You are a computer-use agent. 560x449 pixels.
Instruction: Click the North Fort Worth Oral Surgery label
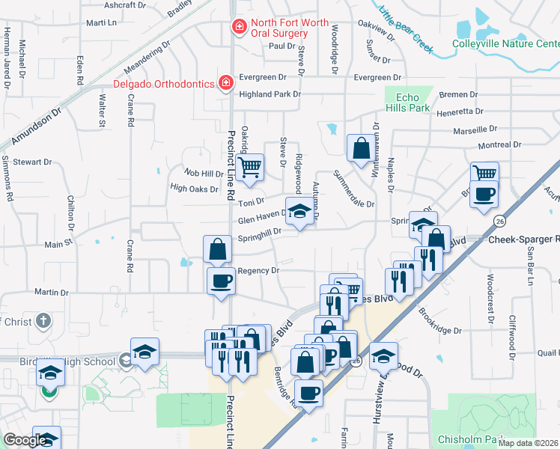(x=280, y=28)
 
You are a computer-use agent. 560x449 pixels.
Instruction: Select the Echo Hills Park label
(x=407, y=103)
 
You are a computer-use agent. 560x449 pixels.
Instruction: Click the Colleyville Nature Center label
(x=505, y=43)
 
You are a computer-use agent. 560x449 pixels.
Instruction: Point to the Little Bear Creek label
(x=406, y=29)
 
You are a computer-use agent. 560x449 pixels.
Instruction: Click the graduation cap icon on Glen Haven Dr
(x=299, y=213)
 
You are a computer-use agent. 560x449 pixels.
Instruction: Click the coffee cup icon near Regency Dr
(x=221, y=282)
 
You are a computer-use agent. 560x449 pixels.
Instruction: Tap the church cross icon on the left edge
(x=43, y=321)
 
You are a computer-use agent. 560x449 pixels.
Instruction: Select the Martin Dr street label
(x=51, y=293)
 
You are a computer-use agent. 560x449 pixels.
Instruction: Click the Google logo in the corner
(x=25, y=441)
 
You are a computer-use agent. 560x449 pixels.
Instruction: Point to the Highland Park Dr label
(x=270, y=94)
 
